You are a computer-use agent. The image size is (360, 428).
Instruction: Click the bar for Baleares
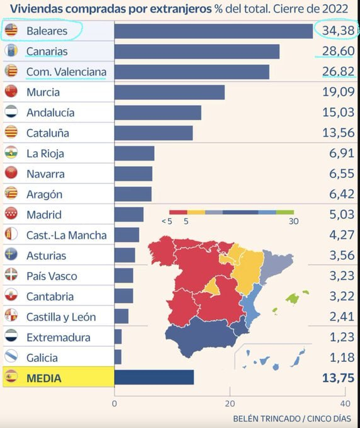(x=213, y=31)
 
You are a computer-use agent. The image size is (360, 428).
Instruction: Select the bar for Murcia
(x=169, y=92)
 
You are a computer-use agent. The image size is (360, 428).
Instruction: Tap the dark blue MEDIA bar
(x=154, y=378)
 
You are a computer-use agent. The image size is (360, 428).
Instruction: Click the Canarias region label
(x=47, y=52)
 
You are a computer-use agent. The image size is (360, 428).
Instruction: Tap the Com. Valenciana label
(x=66, y=72)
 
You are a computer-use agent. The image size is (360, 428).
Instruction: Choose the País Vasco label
(x=52, y=276)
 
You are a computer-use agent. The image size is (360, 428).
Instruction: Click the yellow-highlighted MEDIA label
(x=44, y=378)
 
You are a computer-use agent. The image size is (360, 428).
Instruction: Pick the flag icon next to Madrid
(x=11, y=215)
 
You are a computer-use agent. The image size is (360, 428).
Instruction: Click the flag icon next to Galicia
(x=11, y=358)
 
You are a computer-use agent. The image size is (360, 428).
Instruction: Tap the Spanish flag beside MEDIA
(x=11, y=378)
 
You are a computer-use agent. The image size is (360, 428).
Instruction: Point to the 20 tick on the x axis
(x=230, y=403)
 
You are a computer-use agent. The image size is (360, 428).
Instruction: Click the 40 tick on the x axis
(x=344, y=403)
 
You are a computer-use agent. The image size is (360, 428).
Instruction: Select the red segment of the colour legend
(x=179, y=213)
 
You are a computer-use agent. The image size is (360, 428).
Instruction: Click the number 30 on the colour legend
(x=293, y=222)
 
